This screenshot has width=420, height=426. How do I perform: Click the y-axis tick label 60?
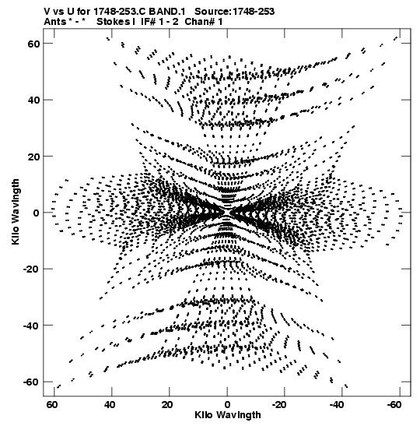(34, 44)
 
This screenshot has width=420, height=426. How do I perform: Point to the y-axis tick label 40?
(34, 100)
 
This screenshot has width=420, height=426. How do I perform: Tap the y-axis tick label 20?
(34, 157)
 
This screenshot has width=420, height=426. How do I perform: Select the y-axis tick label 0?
(37, 213)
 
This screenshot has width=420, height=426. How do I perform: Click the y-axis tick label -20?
(31, 269)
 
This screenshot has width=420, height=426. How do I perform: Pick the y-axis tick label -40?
(31, 326)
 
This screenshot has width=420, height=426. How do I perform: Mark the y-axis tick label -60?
(31, 382)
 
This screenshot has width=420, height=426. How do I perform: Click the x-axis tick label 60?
(52, 405)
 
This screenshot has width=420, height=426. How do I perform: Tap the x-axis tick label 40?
(110, 405)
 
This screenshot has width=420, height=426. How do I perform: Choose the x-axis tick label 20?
(167, 405)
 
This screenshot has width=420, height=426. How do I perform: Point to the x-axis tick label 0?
(227, 405)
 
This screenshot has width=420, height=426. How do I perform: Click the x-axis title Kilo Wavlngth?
(228, 415)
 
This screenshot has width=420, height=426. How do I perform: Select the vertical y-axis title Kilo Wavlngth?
(16, 212)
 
